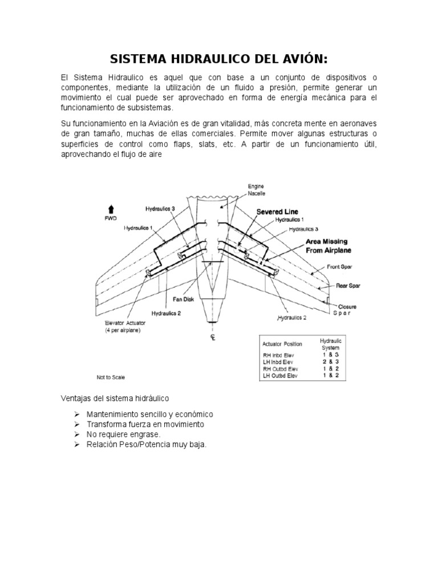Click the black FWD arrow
[111, 208]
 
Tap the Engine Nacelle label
[256, 190]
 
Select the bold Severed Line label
[277, 212]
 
